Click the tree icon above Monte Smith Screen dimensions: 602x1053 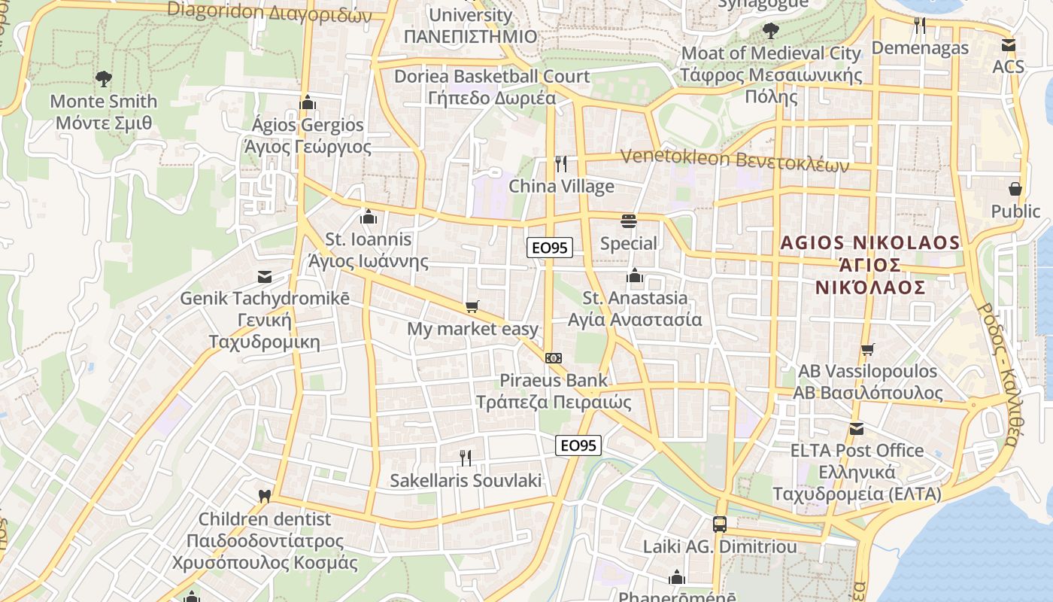[103, 78]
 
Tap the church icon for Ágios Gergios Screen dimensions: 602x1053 [307, 102]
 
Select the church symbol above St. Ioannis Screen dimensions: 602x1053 [369, 217]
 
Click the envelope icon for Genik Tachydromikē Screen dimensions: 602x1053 [264, 276]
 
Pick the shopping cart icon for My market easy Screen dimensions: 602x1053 [472, 306]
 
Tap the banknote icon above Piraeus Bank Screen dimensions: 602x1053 [554, 358]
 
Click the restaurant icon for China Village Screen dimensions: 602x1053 [561, 163]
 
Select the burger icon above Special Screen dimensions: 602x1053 [629, 220]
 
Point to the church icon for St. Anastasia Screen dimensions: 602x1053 [635, 276]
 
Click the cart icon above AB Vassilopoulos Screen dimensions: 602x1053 [867, 349]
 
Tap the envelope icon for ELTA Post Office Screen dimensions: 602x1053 [856, 429]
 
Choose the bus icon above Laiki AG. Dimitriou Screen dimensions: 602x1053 [720, 524]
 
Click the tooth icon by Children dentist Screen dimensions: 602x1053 [264, 497]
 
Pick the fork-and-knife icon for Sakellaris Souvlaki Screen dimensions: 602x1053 [466, 457]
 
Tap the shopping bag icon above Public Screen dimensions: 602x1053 [1015, 188]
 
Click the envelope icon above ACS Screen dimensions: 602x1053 [1009, 44]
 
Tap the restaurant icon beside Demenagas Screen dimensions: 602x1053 [920, 25]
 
